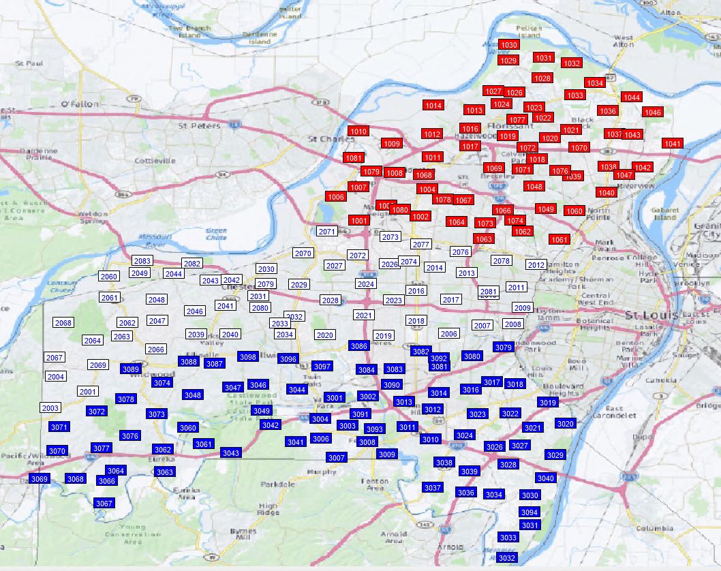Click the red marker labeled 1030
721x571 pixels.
pyautogui.click(x=508, y=45)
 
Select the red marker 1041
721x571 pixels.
pyautogui.click(x=673, y=144)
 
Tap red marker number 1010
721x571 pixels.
pyautogui.click(x=358, y=132)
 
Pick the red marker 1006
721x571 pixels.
pyautogui.click(x=336, y=197)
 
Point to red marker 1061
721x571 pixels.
pyautogui.click(x=559, y=240)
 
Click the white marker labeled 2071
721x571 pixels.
pyautogui.click(x=327, y=232)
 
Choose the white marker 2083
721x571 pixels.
pyautogui.click(x=142, y=261)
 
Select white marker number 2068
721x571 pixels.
pyautogui.click(x=63, y=323)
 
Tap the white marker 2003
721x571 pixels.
pyautogui.click(x=50, y=408)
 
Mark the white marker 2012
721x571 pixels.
pyautogui.click(x=536, y=265)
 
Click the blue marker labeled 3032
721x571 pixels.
pyautogui.click(x=507, y=558)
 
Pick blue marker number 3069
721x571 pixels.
pyautogui.click(x=40, y=479)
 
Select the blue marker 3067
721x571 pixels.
pyautogui.click(x=104, y=504)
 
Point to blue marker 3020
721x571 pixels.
pyautogui.click(x=566, y=424)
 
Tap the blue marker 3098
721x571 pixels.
pyautogui.click(x=248, y=357)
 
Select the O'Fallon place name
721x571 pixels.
pyautogui.click(x=80, y=104)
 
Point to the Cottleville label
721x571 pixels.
pyautogui.click(x=155, y=161)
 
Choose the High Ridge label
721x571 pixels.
pyautogui.click(x=269, y=509)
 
